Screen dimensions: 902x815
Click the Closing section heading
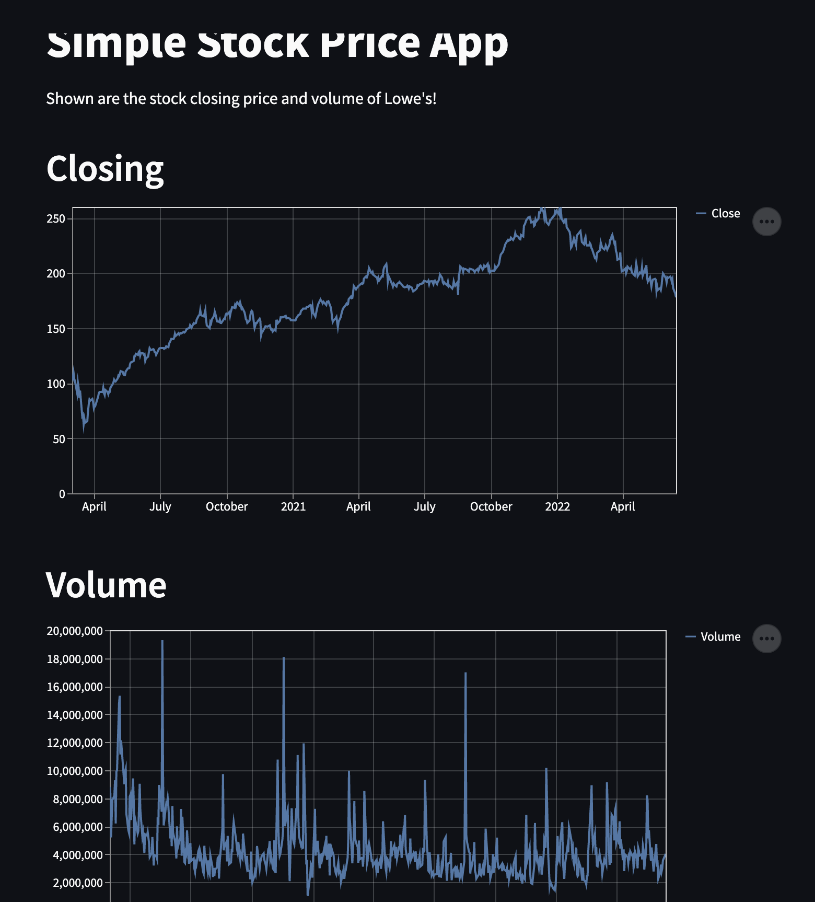point(105,169)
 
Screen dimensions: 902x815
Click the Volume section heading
point(106,585)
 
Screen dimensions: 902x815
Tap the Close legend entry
point(725,213)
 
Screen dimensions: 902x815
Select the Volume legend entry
point(720,637)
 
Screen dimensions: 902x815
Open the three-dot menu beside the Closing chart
point(766,222)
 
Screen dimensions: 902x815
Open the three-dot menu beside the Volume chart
point(766,639)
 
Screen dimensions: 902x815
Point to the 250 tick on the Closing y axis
point(56,219)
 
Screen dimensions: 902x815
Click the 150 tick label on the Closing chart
point(56,329)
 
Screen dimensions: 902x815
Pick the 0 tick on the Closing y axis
point(62,494)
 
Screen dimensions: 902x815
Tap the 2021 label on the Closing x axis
point(293,506)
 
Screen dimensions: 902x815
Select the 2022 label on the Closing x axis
point(557,506)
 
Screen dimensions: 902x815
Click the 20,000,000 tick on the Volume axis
point(75,631)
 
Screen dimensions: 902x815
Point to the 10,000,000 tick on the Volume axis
point(75,771)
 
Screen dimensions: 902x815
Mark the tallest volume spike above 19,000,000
point(162,642)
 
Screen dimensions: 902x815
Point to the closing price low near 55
point(84,430)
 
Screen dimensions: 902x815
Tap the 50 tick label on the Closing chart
point(59,439)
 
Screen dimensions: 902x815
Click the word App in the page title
point(468,44)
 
